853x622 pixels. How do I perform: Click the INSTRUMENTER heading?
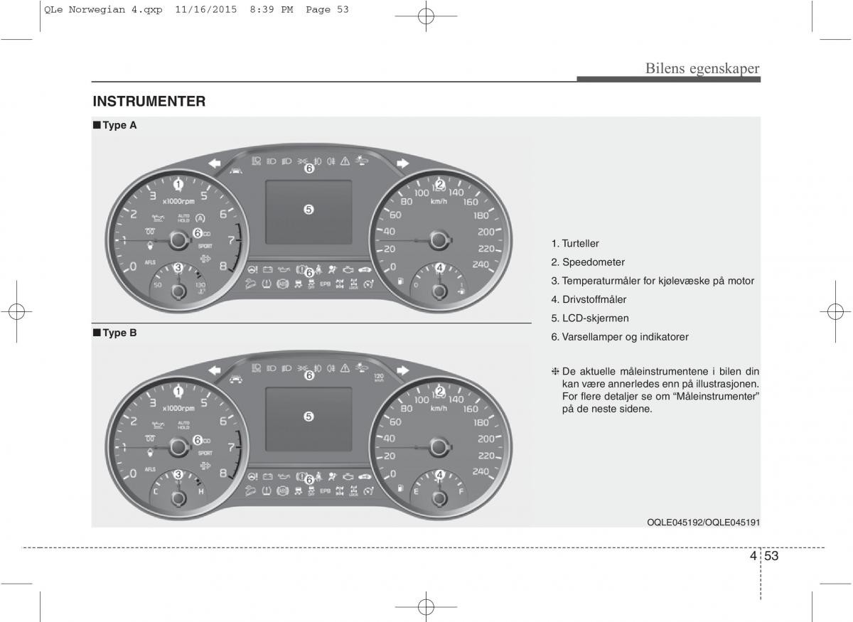pos(149,102)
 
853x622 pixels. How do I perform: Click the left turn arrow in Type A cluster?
pos(213,163)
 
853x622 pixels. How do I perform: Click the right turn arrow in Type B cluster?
pos(403,370)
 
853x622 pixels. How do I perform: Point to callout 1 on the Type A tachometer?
pos(178,184)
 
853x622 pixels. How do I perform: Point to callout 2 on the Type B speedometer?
pos(440,391)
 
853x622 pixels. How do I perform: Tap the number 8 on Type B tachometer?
pos(223,473)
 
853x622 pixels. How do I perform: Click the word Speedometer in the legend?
pos(593,262)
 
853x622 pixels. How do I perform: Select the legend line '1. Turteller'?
pos(574,244)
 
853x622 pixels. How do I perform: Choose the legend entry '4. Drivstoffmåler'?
pos(589,299)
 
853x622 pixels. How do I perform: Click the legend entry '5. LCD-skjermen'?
pos(589,318)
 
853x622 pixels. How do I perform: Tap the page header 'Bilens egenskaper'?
pos(702,68)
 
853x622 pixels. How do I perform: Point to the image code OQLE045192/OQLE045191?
pos(703,522)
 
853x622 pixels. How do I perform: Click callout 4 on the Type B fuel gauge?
pos(439,475)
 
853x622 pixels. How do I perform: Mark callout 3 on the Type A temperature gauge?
pos(178,268)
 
